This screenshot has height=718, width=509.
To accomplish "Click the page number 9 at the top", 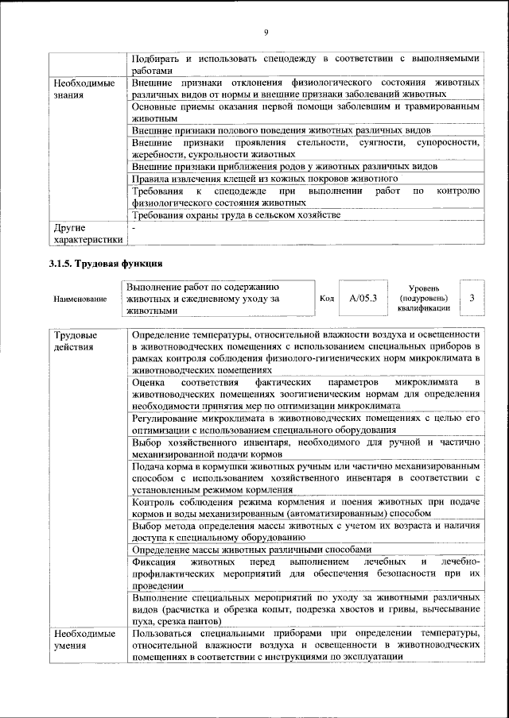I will (266, 32).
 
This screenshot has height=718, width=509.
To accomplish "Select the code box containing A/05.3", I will (363, 298).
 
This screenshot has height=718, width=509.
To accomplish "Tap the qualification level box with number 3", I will (472, 298).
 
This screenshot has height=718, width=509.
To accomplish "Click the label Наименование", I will (80, 299).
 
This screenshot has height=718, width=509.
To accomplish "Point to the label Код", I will (326, 299).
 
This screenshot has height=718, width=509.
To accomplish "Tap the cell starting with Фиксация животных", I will (305, 572).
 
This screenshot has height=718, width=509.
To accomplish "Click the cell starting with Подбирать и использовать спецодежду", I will (305, 64).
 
